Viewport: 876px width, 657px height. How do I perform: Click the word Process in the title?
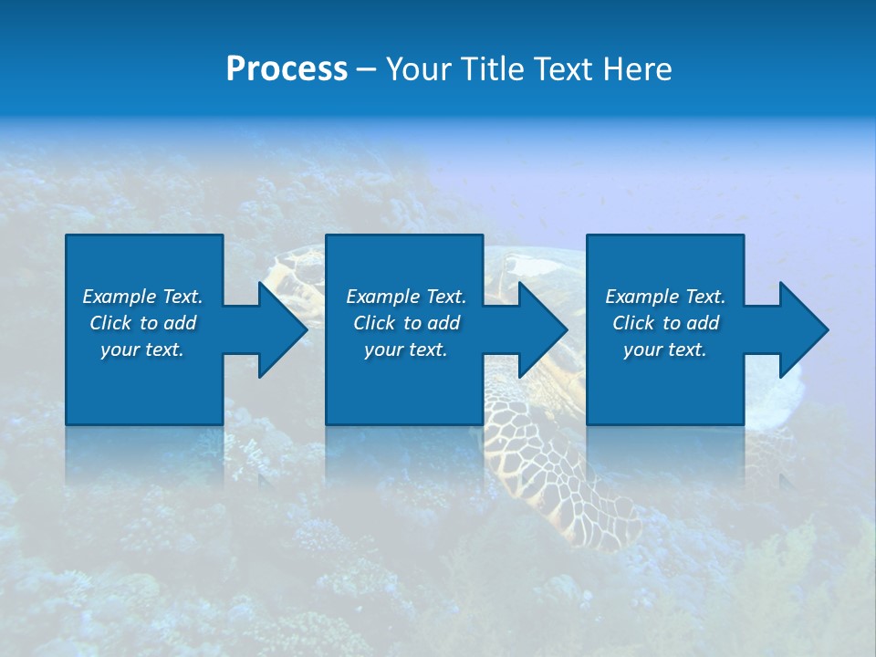[x=287, y=69]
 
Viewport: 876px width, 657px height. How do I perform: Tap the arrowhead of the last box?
[x=802, y=329]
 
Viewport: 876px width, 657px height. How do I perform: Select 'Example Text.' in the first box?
[x=142, y=297]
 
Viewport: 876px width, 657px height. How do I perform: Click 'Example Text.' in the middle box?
[x=406, y=297]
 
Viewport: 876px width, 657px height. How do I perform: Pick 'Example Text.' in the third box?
[x=665, y=297]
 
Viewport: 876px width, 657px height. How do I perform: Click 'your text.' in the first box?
[x=142, y=349]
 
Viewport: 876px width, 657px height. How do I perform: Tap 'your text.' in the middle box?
[x=406, y=349]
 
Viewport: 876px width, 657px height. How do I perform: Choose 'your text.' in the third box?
[x=665, y=349]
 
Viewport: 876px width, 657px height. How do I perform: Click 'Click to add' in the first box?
[x=142, y=323]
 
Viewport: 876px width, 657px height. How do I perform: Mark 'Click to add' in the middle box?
[x=406, y=323]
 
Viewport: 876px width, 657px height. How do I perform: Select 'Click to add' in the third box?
[x=665, y=323]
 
